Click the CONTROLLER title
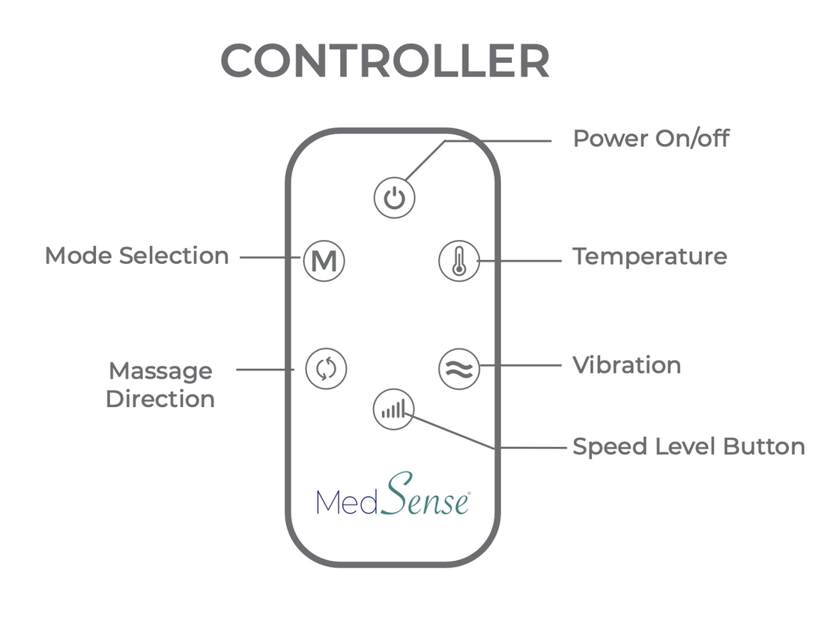point(385,61)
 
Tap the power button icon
point(394,199)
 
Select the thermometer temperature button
point(458,261)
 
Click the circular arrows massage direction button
point(326,369)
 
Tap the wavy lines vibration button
point(458,369)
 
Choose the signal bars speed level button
point(393,409)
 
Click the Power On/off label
point(650,139)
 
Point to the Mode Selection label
point(136,256)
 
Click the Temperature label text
point(649,256)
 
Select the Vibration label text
point(626,365)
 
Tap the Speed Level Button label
point(688,447)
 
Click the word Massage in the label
point(160,371)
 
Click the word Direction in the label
point(160,399)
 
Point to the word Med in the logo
point(346,501)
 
